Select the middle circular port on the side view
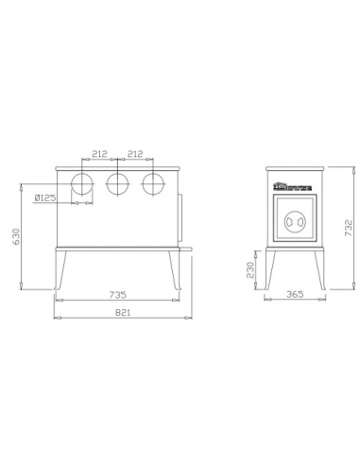coord(118,182)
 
